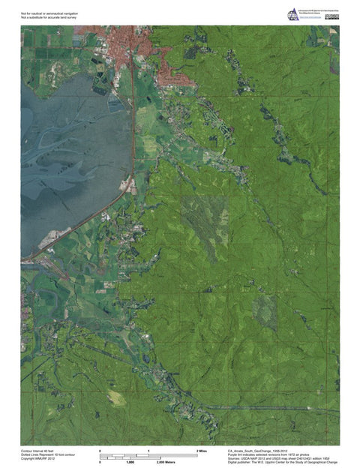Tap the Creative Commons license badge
[332, 16]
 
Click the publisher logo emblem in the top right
[292, 14]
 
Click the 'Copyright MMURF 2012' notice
[37, 459]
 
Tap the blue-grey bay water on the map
[67, 150]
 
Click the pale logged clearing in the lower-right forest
[265, 307]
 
